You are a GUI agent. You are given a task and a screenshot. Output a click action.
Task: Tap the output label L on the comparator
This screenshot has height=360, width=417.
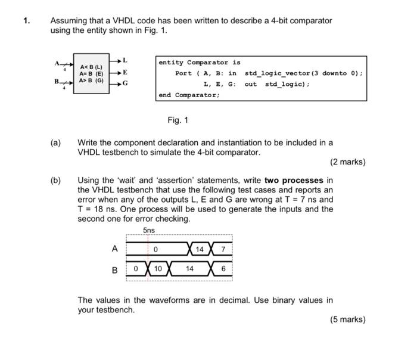coord(125,60)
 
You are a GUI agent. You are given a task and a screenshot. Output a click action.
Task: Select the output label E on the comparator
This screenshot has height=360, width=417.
coord(125,72)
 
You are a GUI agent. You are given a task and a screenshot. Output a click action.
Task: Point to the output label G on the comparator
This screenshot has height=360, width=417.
coord(125,83)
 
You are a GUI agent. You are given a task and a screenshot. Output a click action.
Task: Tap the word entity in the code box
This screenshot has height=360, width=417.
coord(172,63)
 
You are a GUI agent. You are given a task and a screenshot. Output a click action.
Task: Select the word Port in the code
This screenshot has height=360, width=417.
coord(183,73)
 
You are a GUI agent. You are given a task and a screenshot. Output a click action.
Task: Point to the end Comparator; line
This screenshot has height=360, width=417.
coord(189,95)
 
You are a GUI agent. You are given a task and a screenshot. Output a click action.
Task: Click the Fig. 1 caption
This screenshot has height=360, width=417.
coord(178,120)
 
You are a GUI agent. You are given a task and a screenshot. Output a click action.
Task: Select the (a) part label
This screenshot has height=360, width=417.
coord(55,142)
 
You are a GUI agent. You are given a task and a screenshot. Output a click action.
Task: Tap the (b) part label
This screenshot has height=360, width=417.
coord(55,181)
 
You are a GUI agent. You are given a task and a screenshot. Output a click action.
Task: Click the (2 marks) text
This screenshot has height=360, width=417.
coord(347,162)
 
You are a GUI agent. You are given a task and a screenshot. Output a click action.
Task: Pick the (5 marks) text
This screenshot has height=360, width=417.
coord(347,319)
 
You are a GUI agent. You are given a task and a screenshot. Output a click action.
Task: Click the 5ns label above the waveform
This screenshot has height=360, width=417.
coord(148,231)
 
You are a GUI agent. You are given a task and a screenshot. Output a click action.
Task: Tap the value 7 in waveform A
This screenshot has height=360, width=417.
coord(223,249)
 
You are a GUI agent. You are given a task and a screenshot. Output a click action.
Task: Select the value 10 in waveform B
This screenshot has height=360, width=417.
coord(158,269)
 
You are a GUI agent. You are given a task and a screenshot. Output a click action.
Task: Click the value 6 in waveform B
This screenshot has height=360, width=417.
coord(223,269)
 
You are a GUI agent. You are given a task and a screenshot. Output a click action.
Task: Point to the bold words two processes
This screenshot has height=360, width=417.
coord(294,181)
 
